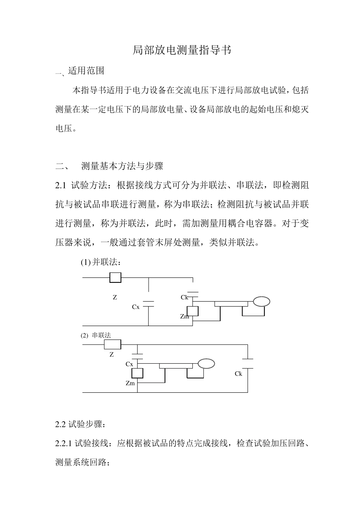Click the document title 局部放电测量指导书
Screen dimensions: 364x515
(x=182, y=50)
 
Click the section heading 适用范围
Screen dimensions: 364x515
(x=86, y=71)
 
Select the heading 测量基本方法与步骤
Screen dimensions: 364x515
(x=122, y=166)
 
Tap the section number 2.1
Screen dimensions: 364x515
(x=61, y=185)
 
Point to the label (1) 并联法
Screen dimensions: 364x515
(x=101, y=262)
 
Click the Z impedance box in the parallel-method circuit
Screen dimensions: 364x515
(x=115, y=277)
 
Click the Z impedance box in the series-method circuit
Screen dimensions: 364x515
(x=112, y=344)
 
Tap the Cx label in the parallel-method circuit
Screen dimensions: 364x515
(x=136, y=307)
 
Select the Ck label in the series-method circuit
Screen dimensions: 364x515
(x=238, y=374)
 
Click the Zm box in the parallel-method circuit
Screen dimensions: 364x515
(x=192, y=311)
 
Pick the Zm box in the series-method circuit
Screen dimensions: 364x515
(x=137, y=373)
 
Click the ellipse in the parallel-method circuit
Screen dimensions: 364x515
(x=261, y=302)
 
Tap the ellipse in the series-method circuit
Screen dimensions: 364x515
(x=206, y=364)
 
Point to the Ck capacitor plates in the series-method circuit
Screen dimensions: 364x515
(x=248, y=364)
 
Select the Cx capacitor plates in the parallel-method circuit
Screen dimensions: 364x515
(x=148, y=304)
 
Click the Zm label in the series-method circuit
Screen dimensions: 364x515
(x=130, y=383)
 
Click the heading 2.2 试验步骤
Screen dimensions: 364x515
(x=80, y=425)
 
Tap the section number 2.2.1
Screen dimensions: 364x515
(x=64, y=444)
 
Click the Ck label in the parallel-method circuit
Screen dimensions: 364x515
(x=184, y=297)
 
